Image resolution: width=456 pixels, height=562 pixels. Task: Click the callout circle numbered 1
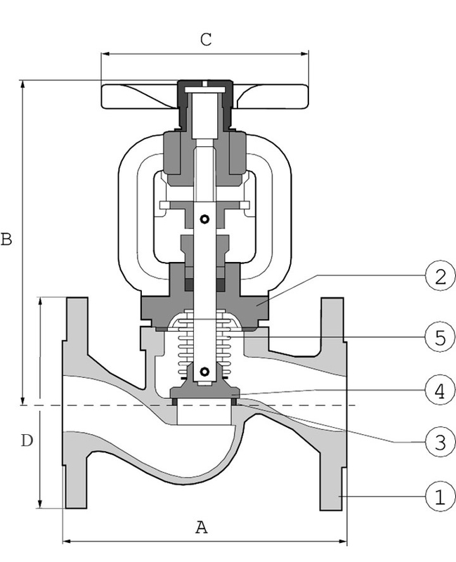click(x=438, y=498)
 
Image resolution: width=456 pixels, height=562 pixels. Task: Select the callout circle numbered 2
click(x=438, y=276)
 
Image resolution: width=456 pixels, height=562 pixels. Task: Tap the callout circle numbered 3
click(x=438, y=442)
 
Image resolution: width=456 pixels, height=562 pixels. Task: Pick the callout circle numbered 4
click(x=438, y=391)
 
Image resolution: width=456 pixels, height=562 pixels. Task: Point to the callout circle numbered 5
click(x=438, y=337)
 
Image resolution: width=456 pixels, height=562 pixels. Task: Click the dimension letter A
click(x=202, y=527)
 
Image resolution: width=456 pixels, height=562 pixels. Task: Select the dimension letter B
click(x=6, y=240)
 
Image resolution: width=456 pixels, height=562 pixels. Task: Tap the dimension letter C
click(x=205, y=39)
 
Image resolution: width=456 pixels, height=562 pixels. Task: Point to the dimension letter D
click(x=26, y=441)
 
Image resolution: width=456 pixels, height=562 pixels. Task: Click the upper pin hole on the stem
click(x=204, y=220)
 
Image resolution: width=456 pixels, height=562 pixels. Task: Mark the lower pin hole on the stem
click(x=204, y=371)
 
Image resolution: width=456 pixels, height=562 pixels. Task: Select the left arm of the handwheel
click(x=137, y=98)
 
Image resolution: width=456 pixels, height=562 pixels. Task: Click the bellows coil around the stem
click(x=204, y=341)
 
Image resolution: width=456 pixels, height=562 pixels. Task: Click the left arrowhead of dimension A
click(x=67, y=541)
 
